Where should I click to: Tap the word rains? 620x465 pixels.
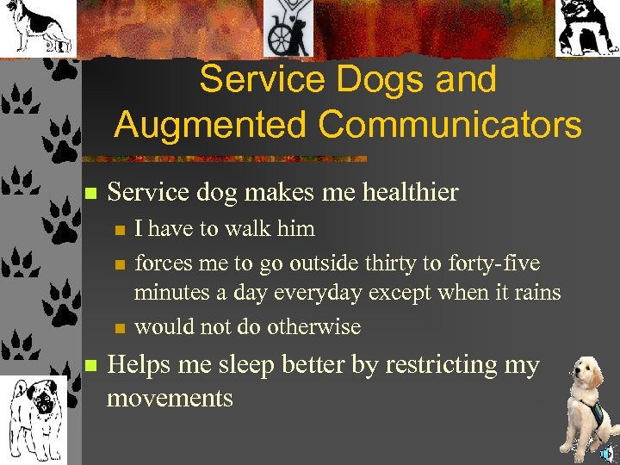click(x=534, y=293)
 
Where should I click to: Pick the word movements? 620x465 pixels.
click(x=170, y=398)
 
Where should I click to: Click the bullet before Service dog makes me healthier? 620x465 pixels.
click(x=89, y=194)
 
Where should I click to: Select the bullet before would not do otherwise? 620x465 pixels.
click(x=121, y=328)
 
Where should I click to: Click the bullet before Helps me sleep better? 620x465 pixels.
click(x=89, y=367)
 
